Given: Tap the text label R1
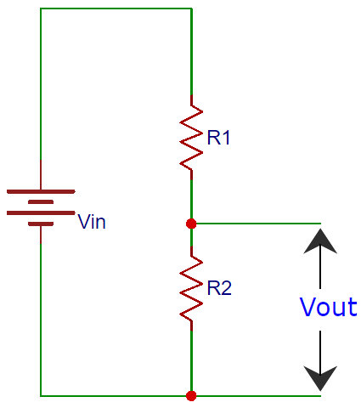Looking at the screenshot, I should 219,138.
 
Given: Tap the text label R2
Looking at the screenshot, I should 219,288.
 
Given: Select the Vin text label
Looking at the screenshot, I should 93,223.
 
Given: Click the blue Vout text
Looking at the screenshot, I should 328,308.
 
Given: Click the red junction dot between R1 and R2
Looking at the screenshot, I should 191,224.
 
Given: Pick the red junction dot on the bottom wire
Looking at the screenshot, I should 191,395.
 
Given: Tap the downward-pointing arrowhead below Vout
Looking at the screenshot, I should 320,377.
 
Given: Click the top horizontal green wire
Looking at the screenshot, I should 116,8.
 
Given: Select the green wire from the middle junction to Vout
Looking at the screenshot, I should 255,224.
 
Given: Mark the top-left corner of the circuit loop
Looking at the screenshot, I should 41,8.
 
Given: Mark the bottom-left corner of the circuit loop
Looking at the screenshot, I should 41,395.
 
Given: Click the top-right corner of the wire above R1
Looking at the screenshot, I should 191,8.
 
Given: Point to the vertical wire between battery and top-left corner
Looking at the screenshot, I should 41,85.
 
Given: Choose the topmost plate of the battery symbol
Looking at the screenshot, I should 41,191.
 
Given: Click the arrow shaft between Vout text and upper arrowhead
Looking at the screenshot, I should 320,272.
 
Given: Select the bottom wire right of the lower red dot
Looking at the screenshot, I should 255,395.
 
